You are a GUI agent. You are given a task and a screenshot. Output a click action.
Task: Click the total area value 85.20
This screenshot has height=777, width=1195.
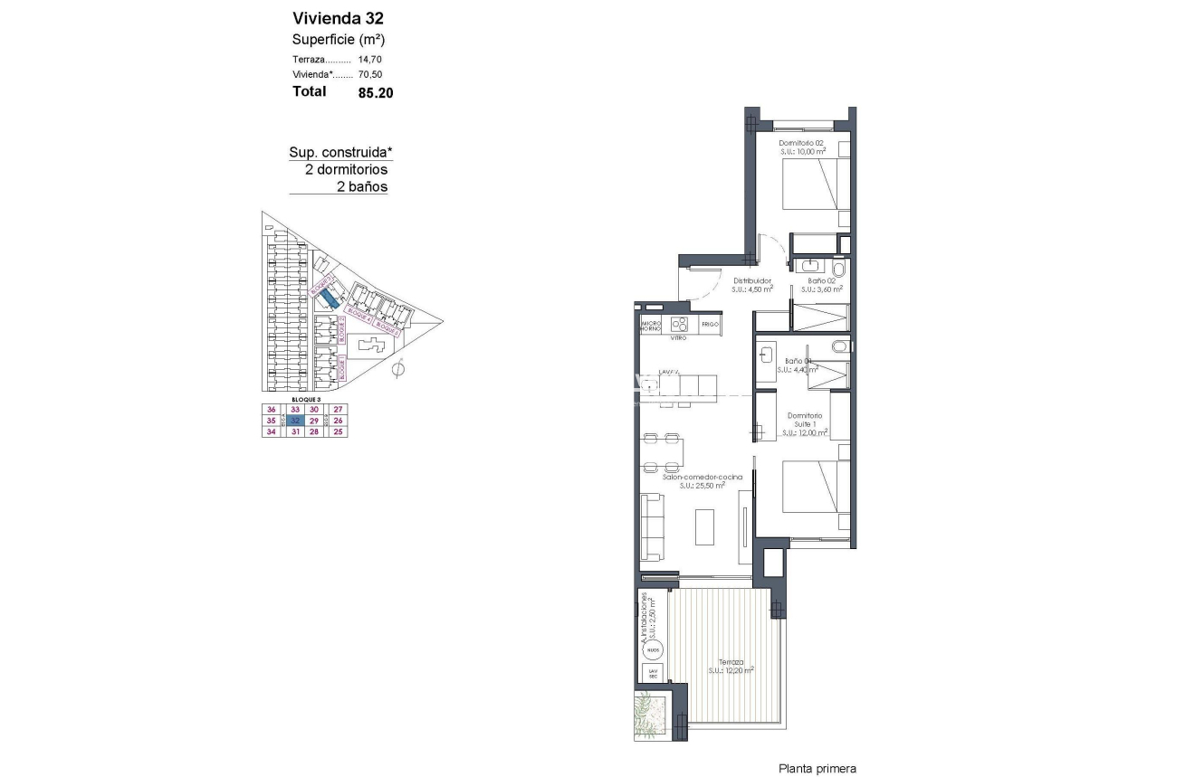375,91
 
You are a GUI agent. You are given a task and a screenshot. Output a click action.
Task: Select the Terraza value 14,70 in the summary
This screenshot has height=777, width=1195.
369,59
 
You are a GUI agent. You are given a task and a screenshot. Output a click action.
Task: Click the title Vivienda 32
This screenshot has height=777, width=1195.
331,18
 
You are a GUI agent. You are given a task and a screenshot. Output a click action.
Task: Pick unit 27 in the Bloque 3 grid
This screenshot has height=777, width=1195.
338,410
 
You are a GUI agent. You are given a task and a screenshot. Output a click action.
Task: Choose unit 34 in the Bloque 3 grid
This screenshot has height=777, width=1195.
270,432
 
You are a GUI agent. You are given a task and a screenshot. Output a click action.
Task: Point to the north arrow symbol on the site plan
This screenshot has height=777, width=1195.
397,367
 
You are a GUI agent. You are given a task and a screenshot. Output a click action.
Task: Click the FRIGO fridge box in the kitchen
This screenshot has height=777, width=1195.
709,324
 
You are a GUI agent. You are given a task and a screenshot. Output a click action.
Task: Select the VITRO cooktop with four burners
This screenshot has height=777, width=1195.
680,324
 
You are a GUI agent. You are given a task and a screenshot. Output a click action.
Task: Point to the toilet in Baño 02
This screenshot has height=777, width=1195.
837,270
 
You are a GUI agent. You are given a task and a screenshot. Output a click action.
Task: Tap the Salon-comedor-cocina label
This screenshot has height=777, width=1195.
702,477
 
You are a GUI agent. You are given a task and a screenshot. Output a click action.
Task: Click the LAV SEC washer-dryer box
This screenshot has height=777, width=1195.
652,674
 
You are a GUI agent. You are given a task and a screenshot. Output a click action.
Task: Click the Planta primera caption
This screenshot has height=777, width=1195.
817,768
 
